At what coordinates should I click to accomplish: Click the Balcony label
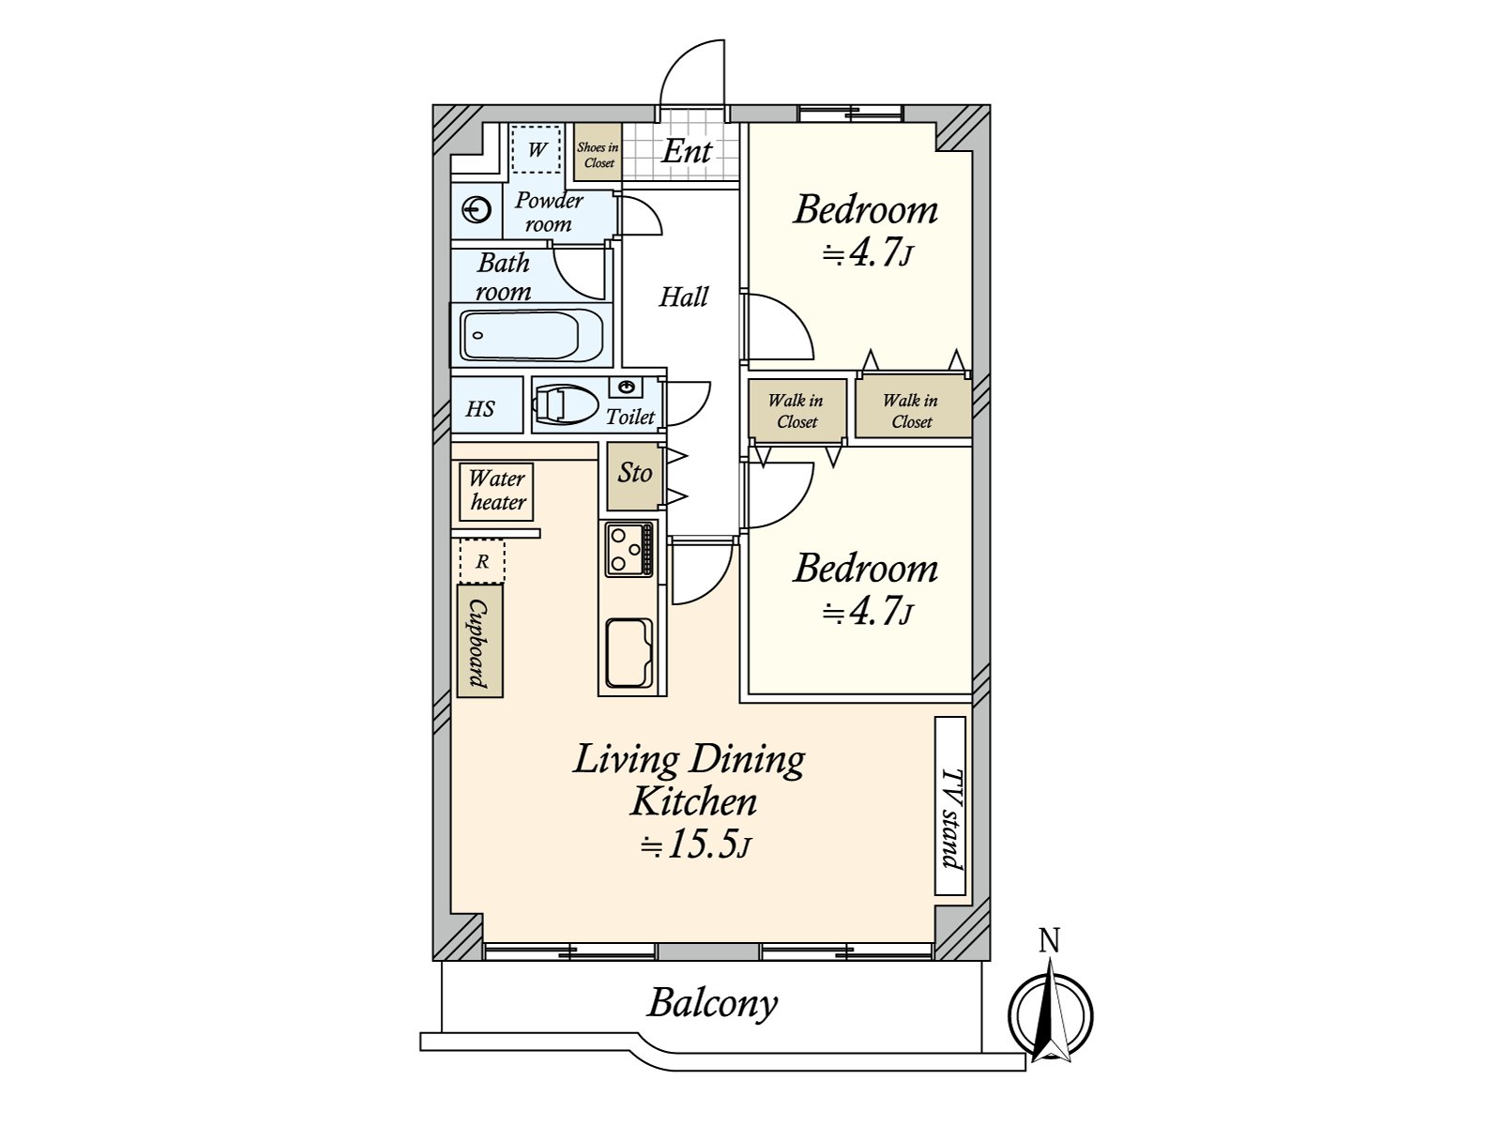click(x=713, y=1004)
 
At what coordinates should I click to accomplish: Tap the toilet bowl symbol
click(x=567, y=406)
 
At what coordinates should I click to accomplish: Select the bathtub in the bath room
click(x=531, y=335)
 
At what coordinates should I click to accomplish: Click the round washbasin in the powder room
click(x=477, y=209)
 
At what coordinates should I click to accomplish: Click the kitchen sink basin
click(x=629, y=654)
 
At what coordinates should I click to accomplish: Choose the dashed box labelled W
click(x=538, y=149)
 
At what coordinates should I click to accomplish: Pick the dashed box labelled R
click(x=482, y=561)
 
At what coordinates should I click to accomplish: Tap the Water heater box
click(x=496, y=491)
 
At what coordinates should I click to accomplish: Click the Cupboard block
click(x=480, y=641)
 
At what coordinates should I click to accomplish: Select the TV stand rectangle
click(x=950, y=806)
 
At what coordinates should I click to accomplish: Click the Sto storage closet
click(x=634, y=476)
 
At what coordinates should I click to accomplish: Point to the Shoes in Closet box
click(x=598, y=152)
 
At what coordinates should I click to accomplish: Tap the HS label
click(x=480, y=409)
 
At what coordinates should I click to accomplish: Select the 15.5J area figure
click(x=696, y=846)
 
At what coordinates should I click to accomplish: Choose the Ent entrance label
click(x=687, y=151)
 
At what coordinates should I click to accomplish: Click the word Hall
click(x=683, y=297)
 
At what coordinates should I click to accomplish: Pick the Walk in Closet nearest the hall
click(x=797, y=410)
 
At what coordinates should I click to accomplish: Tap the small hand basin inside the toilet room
click(x=627, y=388)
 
